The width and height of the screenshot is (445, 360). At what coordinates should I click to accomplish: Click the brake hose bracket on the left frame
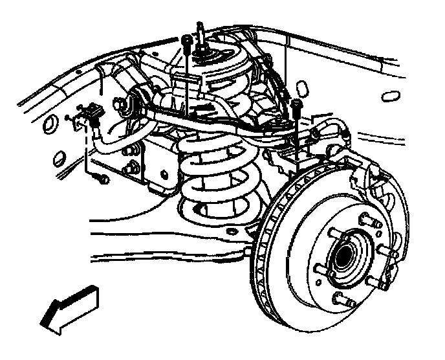88,119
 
